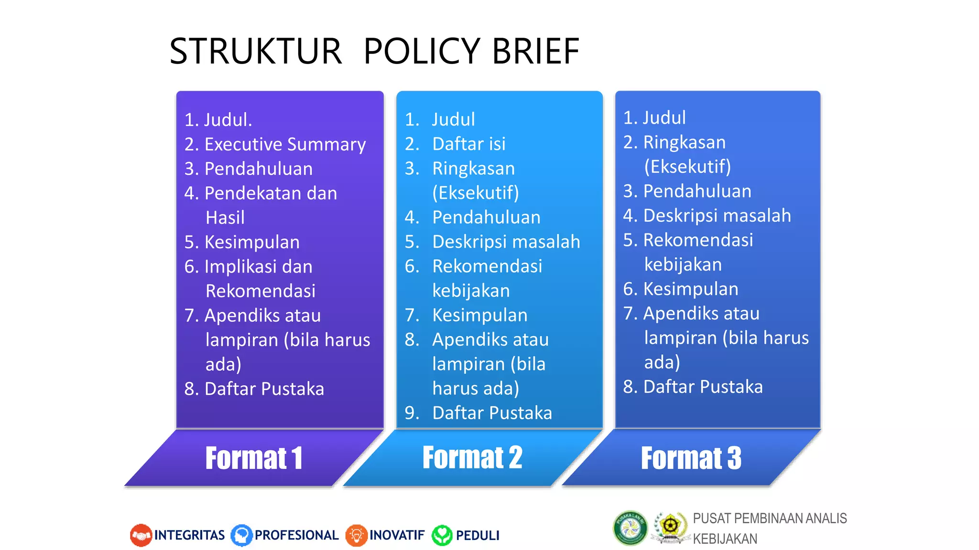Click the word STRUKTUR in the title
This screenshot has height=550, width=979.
[256, 52]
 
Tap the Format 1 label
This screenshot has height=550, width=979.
[254, 458]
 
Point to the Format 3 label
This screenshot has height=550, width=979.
[691, 458]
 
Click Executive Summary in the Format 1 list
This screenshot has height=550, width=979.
[285, 144]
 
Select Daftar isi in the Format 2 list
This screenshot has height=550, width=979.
[468, 144]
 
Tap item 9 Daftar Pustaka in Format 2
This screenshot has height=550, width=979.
[491, 413]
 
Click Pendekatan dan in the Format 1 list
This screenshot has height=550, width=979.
[271, 193]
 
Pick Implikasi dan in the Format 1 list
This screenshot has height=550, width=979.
[258, 266]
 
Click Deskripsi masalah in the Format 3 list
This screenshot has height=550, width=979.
[717, 215]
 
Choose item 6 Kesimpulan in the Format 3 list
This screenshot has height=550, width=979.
[690, 289]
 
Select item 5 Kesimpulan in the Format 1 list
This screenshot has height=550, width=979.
[252, 242]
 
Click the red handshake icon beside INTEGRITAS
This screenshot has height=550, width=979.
[141, 535]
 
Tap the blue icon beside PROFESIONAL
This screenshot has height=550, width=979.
[241, 535]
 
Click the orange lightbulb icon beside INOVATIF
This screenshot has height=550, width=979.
[356, 535]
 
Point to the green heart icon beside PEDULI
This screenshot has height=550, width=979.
[442, 535]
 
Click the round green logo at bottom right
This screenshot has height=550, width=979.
[630, 528]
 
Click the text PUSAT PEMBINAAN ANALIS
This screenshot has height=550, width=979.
[770, 518]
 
